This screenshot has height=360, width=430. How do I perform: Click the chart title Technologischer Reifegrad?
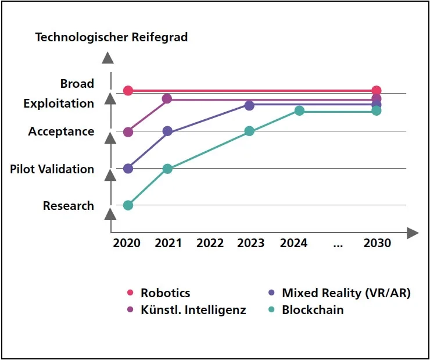[x=112, y=37]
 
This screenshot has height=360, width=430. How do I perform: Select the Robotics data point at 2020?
[x=128, y=91]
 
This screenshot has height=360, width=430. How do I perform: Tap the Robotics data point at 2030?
[x=377, y=91]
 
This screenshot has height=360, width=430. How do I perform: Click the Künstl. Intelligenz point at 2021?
[x=167, y=99]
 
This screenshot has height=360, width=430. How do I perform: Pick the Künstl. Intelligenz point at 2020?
[x=128, y=132]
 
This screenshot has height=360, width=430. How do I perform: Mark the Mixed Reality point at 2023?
[x=249, y=105]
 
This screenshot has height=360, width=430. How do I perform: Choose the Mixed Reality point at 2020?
[x=128, y=169]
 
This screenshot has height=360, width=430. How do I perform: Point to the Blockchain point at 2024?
[x=299, y=111]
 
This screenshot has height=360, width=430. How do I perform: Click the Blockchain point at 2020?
[x=128, y=205]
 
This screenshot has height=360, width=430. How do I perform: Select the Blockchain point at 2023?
[x=249, y=131]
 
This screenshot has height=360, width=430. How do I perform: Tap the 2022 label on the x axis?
[x=210, y=243]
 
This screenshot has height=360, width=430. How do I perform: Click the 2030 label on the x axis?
[x=377, y=243]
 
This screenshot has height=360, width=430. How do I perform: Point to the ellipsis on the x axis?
[x=338, y=245]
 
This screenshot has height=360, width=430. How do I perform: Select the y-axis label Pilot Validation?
[x=52, y=169]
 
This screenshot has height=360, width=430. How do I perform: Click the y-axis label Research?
[x=68, y=206]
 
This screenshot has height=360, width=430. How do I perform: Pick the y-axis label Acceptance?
[x=61, y=131]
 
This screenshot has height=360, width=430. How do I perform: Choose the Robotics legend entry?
[x=165, y=293]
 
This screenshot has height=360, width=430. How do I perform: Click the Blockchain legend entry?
[x=313, y=310]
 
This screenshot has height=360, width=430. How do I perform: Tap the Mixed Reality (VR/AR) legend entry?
[x=346, y=293]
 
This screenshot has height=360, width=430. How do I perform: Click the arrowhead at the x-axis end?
[x=413, y=234]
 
